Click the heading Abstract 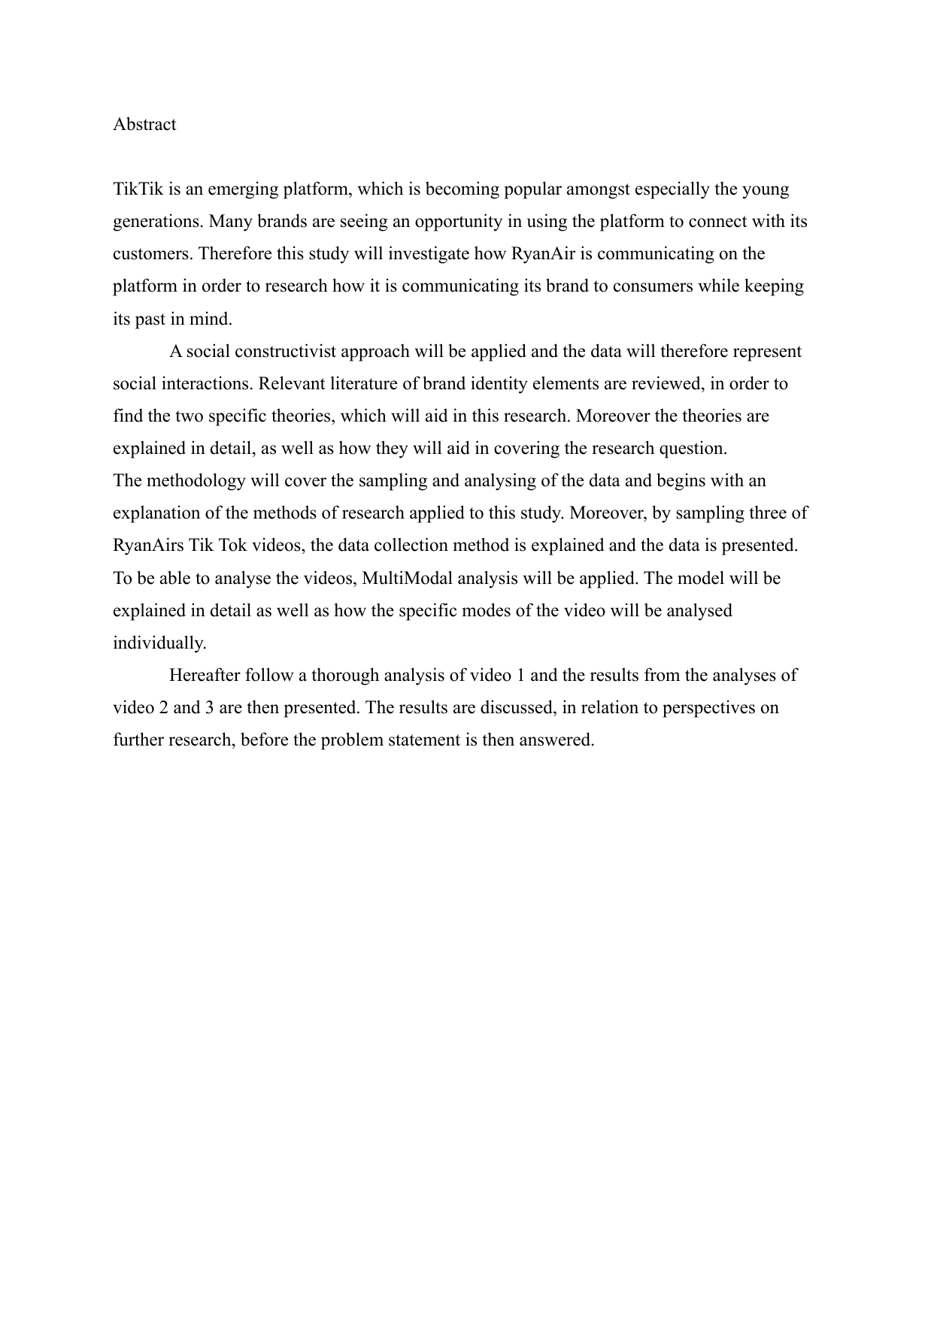pyautogui.click(x=144, y=125)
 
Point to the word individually pyautogui.click(x=159, y=643)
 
